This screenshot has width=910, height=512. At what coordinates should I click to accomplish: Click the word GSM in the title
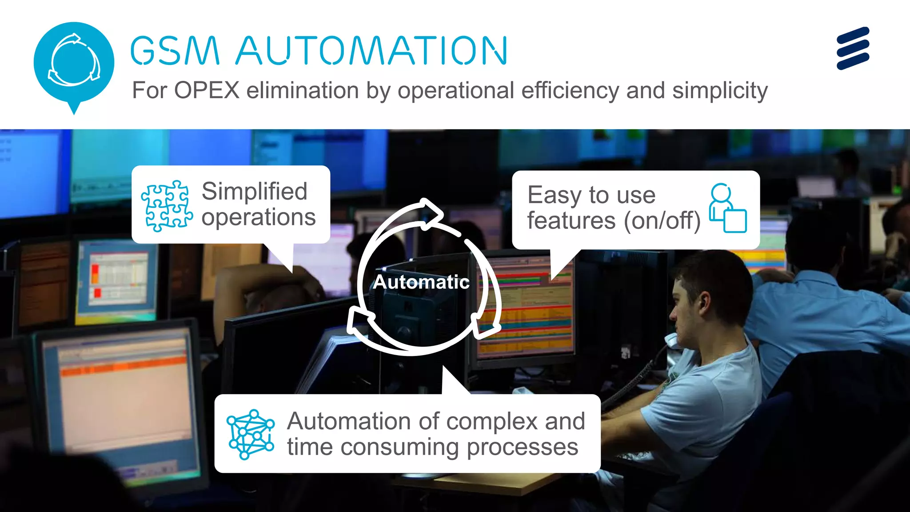pyautogui.click(x=175, y=51)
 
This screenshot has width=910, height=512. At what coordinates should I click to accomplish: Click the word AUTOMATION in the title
pyautogui.click(x=371, y=51)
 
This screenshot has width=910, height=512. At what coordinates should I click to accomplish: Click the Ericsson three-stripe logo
pyautogui.click(x=853, y=48)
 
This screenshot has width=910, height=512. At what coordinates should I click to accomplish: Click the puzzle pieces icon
pyautogui.click(x=167, y=206)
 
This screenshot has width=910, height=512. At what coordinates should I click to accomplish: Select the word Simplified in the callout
pyautogui.click(x=254, y=192)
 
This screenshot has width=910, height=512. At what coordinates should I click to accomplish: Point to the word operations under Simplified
pyautogui.click(x=259, y=217)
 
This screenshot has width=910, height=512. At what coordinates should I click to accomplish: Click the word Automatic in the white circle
pyautogui.click(x=421, y=282)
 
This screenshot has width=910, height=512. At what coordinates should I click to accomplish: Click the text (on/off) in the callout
pyautogui.click(x=662, y=221)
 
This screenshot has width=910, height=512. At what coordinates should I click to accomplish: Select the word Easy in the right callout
pyautogui.click(x=555, y=195)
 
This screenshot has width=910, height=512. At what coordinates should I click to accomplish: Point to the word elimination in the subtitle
pyautogui.click(x=303, y=91)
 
